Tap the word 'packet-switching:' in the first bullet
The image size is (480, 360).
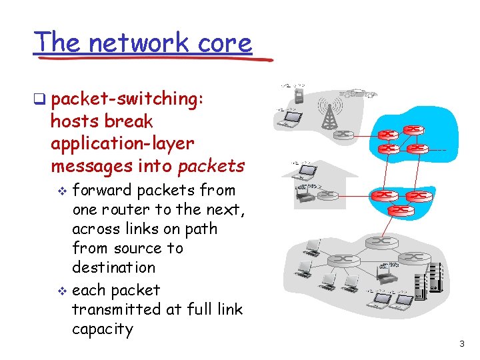pos(127,99)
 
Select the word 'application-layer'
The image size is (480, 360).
pos(122,143)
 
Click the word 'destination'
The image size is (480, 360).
pos(113,267)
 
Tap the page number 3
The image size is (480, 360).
pos(461,344)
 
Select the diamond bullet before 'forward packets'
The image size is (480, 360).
pos(63,191)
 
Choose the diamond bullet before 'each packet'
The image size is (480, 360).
pos(63,291)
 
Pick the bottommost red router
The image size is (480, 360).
pos(400,209)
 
